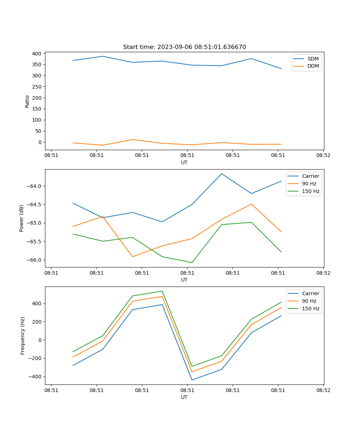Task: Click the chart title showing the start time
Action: [184, 47]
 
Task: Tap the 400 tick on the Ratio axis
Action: [37, 54]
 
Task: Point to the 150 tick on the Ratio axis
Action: [37, 109]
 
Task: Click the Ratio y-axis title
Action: [27, 101]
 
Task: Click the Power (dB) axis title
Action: [22, 218]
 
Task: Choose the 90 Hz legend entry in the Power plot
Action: [309, 184]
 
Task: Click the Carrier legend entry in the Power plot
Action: [310, 176]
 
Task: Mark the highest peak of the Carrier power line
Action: [221, 174]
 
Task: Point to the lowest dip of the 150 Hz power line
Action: [192, 262]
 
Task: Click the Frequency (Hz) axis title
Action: [23, 336]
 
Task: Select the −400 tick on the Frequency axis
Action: [35, 377]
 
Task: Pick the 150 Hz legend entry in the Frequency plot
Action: [311, 309]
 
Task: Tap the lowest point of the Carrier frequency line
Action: [192, 380]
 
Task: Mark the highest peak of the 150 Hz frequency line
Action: [162, 291]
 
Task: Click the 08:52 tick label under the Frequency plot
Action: [323, 390]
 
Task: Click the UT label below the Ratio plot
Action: [184, 162]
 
